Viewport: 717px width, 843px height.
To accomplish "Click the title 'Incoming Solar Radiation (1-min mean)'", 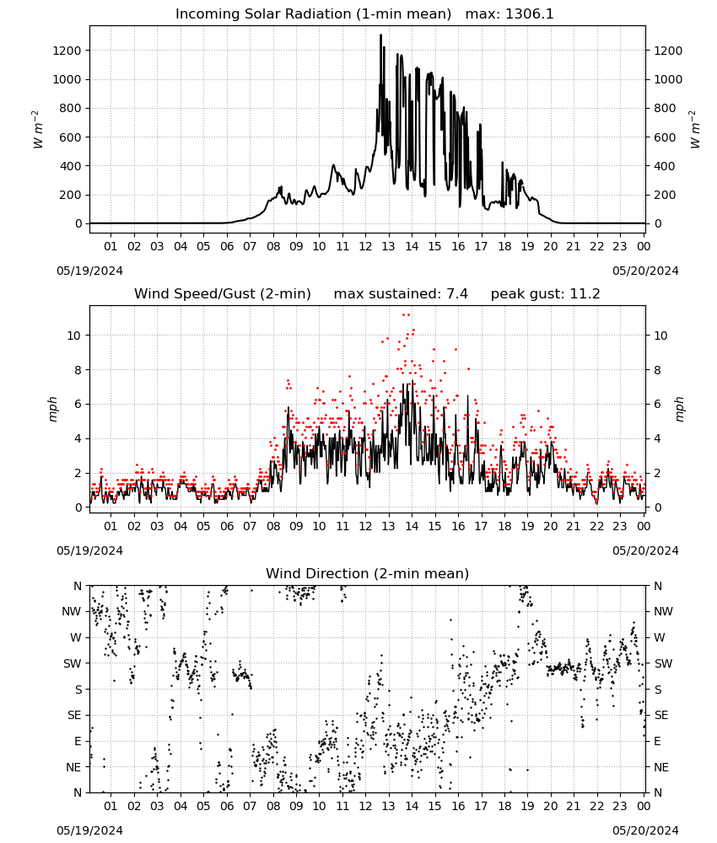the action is coord(313,14).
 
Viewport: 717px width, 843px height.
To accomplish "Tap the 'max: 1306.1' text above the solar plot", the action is coord(509,14).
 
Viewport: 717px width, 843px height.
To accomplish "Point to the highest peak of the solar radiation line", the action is coord(380,35).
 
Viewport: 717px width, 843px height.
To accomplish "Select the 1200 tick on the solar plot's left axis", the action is coord(67,51).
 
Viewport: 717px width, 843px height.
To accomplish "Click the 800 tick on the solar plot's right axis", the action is coord(665,108).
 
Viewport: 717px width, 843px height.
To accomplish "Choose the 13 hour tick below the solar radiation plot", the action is coord(388,246).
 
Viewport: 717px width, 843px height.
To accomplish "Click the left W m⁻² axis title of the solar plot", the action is coord(36,130).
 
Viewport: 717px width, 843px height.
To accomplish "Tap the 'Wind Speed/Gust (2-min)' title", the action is coord(223,294).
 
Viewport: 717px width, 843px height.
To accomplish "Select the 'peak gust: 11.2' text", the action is coord(545,294).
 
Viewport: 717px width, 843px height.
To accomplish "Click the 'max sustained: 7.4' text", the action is coord(401,294).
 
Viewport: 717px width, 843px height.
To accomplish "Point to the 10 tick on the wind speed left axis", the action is coord(74,336).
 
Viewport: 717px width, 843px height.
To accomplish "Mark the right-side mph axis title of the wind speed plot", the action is coord(679,410).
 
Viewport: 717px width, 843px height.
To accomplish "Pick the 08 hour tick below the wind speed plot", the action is coord(273,526).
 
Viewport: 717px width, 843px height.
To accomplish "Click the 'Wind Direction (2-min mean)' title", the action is coord(368,573).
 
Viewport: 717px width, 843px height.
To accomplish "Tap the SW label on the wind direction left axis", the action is coord(72,663).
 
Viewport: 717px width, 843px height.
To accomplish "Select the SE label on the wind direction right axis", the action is coord(661,715).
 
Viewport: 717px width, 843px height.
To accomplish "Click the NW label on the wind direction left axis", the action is coord(72,612).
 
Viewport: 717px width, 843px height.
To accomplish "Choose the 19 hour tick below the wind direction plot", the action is coord(527,806).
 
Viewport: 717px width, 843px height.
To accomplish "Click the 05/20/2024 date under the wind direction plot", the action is coord(645,830).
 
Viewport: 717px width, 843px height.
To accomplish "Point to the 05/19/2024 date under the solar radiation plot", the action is coord(89,271).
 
